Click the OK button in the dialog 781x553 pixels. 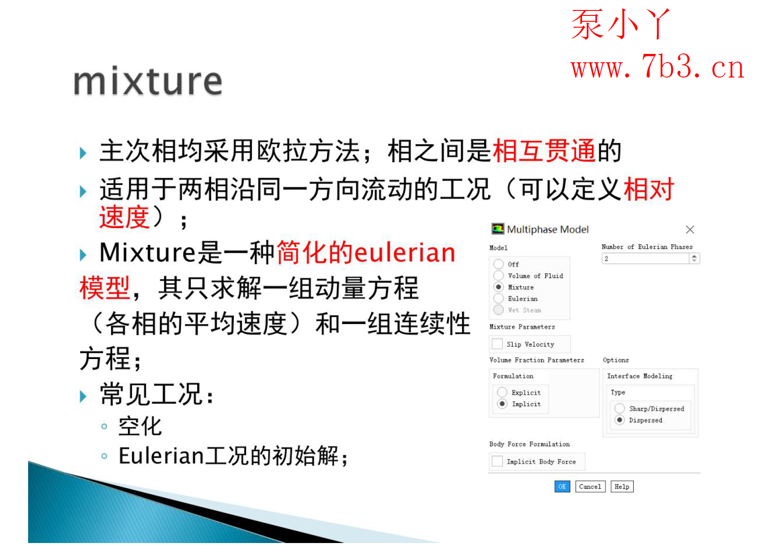tap(562, 486)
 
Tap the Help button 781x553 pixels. tap(622, 486)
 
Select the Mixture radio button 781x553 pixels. tap(499, 287)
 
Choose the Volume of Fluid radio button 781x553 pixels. tap(499, 276)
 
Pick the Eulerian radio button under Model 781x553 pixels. tap(499, 298)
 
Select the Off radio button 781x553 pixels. tap(499, 264)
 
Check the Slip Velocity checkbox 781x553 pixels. tap(497, 344)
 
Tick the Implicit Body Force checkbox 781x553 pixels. tap(497, 461)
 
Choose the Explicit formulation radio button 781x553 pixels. tap(502, 392)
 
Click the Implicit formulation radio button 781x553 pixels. tap(502, 403)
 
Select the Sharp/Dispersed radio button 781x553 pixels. tap(620, 408)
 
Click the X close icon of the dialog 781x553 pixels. tap(690, 229)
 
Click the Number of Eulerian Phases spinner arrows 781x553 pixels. tap(694, 258)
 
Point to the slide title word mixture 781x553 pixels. tap(148, 82)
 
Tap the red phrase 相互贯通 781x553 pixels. tap(543, 151)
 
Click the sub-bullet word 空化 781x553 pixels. tap(140, 426)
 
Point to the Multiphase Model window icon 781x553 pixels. tap(498, 229)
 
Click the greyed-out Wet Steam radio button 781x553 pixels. tap(499, 310)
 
